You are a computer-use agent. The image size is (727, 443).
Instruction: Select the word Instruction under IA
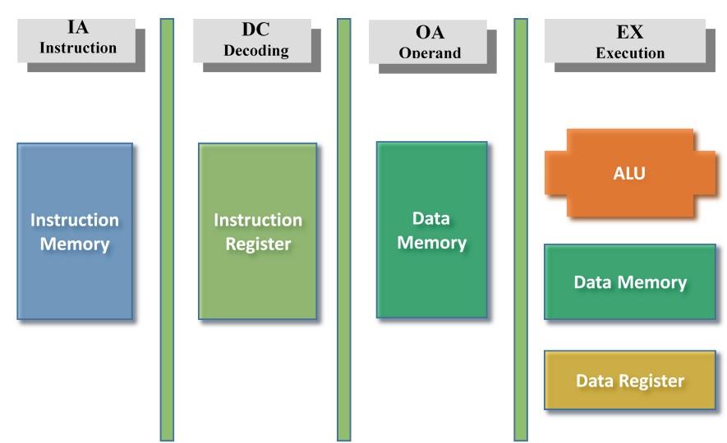click(x=78, y=48)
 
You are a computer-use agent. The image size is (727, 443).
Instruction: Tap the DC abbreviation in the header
click(x=255, y=30)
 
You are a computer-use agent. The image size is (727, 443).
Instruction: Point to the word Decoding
click(x=255, y=50)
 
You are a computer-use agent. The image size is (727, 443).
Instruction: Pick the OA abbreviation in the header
click(x=430, y=34)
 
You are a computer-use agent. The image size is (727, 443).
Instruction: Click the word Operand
click(x=430, y=53)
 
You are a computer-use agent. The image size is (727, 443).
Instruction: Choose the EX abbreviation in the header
click(x=630, y=33)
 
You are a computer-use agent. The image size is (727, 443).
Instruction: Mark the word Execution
click(x=630, y=53)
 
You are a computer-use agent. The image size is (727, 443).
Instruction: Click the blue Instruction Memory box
click(x=75, y=231)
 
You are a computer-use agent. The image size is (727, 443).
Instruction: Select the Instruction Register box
click(x=257, y=231)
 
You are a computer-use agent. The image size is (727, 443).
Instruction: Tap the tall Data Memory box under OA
click(x=431, y=230)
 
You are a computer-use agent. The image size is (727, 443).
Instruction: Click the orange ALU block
click(x=630, y=173)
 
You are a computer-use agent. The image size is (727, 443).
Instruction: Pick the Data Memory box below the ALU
click(x=630, y=282)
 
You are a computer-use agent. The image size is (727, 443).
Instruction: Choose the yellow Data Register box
click(x=630, y=381)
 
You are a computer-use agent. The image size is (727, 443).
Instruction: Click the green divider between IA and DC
click(x=167, y=230)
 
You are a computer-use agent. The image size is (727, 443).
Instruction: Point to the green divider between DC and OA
click(x=344, y=230)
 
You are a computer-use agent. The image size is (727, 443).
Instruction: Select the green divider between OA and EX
click(x=521, y=230)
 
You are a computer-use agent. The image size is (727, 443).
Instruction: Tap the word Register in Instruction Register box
click(x=258, y=244)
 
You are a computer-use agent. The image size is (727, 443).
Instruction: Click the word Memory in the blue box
click(x=75, y=244)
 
